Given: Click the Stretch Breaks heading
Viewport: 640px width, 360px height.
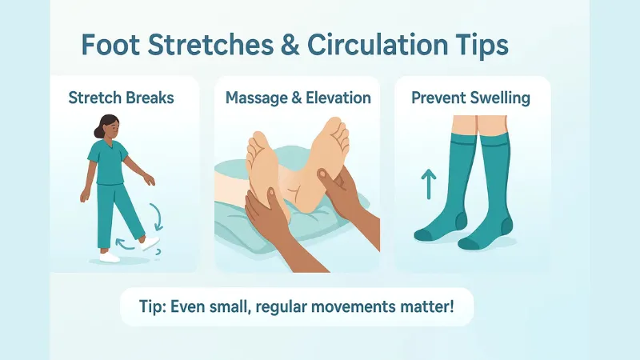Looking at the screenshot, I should [122, 99].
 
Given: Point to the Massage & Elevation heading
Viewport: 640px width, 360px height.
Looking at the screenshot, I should [298, 99].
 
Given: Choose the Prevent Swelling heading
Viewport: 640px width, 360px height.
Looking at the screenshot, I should [472, 99].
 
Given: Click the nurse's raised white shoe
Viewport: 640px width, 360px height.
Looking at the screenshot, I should [149, 242].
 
